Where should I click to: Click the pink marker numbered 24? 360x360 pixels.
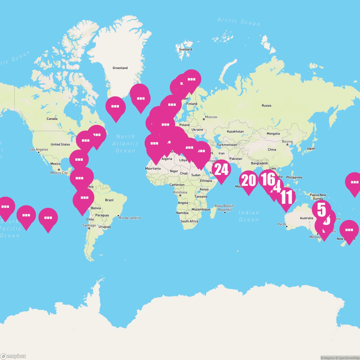pyautogui.click(x=221, y=170)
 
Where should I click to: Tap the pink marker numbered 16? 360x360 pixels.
pyautogui.click(x=268, y=179)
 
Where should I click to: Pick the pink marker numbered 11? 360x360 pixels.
pyautogui.click(x=286, y=197)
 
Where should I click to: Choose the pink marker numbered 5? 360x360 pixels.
pyautogui.click(x=321, y=210)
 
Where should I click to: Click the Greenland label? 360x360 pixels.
pyautogui.click(x=120, y=68)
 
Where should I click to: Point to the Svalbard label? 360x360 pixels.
pyautogui.click(x=185, y=49)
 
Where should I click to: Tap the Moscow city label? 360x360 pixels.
pyautogui.click(x=211, y=117)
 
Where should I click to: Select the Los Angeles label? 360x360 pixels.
pyautogui.click(x=39, y=149)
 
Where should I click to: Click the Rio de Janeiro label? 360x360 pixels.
pyautogui.click(x=130, y=218)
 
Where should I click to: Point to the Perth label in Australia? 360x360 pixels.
pyautogui.click(x=282, y=224)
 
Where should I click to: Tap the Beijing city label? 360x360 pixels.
pyautogui.click(x=287, y=142)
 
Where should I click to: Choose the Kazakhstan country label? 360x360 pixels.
pyautogui.click(x=235, y=132)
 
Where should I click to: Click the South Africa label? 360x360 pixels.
pyautogui.click(x=189, y=221)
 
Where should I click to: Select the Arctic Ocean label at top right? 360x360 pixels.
pyautogui.click(x=239, y=22)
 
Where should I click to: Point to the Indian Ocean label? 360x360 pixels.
pyautogui.click(x=249, y=216)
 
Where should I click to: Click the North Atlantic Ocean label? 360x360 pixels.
pyautogui.click(x=125, y=143)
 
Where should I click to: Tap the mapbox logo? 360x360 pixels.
pyautogui.click(x=13, y=356)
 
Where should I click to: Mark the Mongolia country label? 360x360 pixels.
pyautogui.click(x=273, y=134)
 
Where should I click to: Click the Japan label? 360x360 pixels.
pyautogui.click(x=311, y=148)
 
